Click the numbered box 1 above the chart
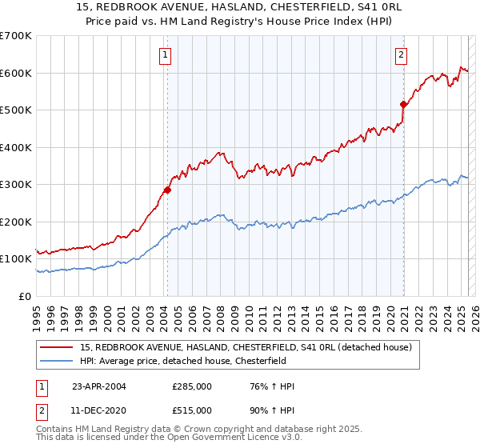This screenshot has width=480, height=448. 164,55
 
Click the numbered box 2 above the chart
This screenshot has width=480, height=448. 401,55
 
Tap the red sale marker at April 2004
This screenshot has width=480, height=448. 167,190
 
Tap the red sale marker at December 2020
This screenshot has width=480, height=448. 404,104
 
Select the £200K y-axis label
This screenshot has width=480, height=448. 16,222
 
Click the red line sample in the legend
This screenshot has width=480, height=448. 57,347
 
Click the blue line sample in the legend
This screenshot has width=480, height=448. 57,361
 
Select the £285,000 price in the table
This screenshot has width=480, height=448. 192,386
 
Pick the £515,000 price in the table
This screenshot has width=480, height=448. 192,410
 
